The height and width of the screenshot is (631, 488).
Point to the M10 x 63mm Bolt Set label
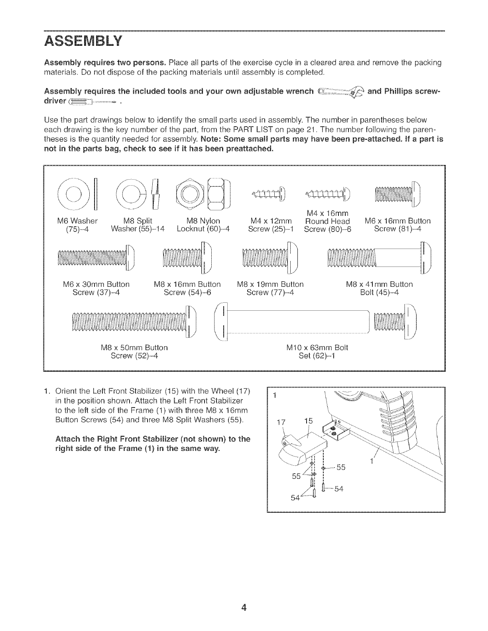coord(317,351)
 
